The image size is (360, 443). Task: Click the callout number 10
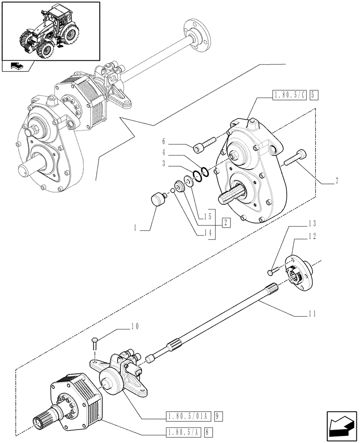[x=135, y=327]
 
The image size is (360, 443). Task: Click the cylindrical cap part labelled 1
[x=159, y=199]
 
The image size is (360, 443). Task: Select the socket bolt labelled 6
[x=204, y=144]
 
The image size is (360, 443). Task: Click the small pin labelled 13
[x=274, y=270]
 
